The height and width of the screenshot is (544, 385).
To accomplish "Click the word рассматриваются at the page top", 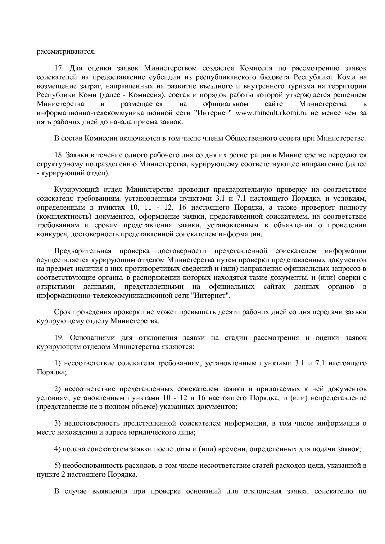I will [66, 51].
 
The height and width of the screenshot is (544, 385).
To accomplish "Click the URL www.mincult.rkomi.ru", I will [271, 113].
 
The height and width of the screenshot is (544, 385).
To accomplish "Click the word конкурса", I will [52, 234].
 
